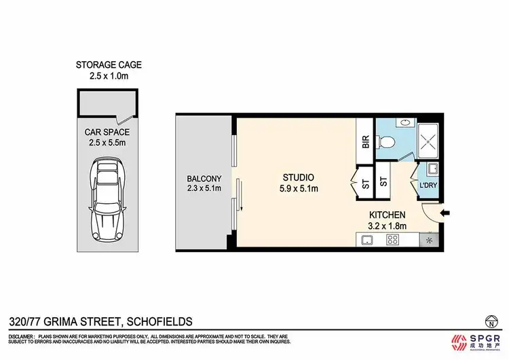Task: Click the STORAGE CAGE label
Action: [x=109, y=65]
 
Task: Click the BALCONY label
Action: [x=204, y=179]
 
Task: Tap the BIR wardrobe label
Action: [x=364, y=143]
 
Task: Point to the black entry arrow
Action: [x=445, y=214]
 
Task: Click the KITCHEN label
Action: [x=388, y=215]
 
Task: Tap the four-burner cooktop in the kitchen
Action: [x=392, y=240]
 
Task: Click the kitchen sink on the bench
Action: [x=366, y=240]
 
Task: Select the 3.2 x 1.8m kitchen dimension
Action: [x=388, y=226]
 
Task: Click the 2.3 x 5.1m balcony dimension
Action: [x=204, y=189]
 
